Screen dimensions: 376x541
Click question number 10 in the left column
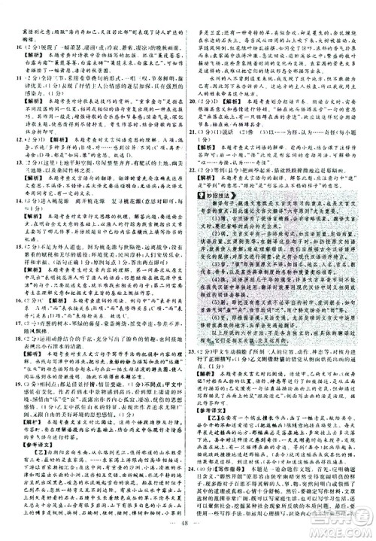click(x=10, y=44)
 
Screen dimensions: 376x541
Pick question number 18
click(x=10, y=339)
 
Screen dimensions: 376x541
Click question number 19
click(x=10, y=379)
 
